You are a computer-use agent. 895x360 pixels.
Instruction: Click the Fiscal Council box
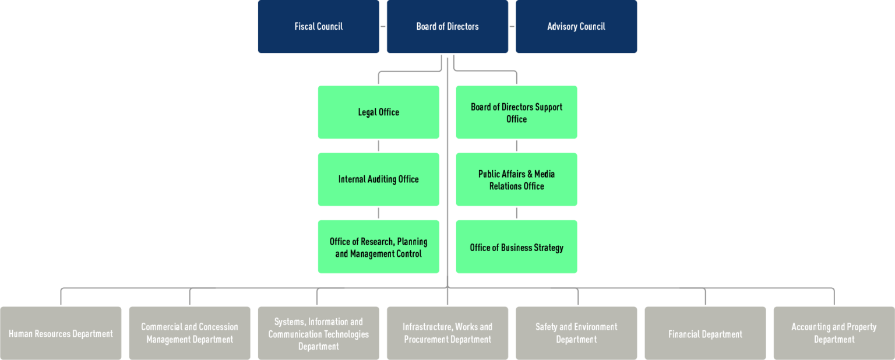pyautogui.click(x=318, y=27)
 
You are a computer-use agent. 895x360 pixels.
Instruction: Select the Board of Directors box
pyautogui.click(x=447, y=27)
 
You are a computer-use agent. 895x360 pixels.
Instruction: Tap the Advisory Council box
pyautogui.click(x=576, y=27)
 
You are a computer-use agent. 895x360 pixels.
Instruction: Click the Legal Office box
pyautogui.click(x=378, y=112)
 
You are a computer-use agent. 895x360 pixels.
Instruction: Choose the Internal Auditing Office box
pyautogui.click(x=378, y=179)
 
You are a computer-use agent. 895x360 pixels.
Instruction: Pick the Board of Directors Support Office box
pyautogui.click(x=516, y=112)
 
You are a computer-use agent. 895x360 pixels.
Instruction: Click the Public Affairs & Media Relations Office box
pyautogui.click(x=516, y=179)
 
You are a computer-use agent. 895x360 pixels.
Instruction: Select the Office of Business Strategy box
pyautogui.click(x=516, y=247)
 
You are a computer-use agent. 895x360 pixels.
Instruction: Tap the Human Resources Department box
pyautogui.click(x=61, y=333)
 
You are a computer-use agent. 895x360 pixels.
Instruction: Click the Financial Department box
pyautogui.click(x=705, y=333)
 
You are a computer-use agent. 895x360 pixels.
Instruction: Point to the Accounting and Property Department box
pyautogui.click(x=834, y=333)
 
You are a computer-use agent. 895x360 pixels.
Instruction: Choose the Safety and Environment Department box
pyautogui.click(x=576, y=333)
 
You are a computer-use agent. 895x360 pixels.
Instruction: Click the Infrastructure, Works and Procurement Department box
pyautogui.click(x=447, y=333)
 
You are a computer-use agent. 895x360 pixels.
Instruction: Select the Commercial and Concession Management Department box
pyautogui.click(x=189, y=333)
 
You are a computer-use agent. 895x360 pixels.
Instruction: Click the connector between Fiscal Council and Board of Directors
pyautogui.click(x=383, y=26)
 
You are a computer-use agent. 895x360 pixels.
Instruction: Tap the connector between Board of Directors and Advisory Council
pyautogui.click(x=512, y=26)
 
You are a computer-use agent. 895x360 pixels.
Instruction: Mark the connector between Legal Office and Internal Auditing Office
pyautogui.click(x=379, y=146)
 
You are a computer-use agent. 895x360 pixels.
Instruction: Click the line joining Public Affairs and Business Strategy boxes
pyautogui.click(x=517, y=213)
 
